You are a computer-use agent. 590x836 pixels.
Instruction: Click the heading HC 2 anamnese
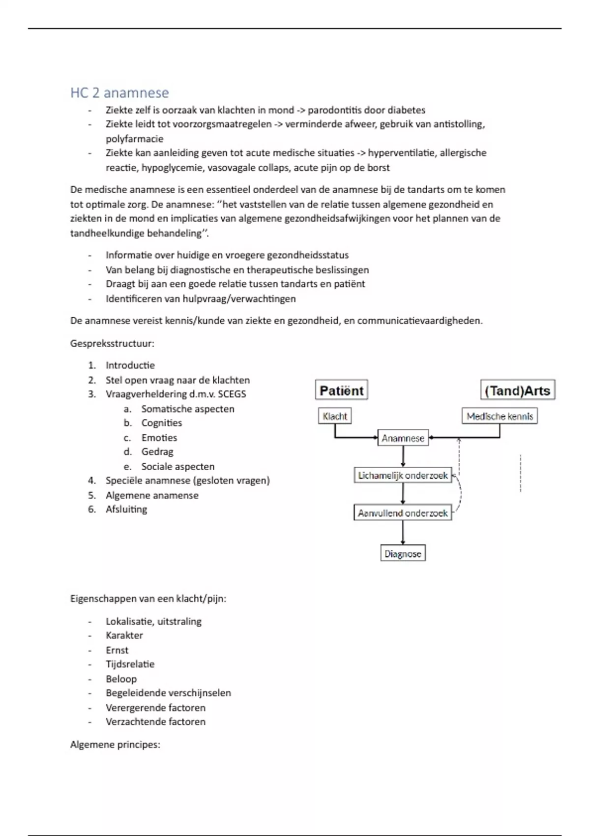(119, 92)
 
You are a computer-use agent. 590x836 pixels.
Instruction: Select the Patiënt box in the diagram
(341, 390)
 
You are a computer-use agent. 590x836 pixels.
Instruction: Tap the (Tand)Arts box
(517, 390)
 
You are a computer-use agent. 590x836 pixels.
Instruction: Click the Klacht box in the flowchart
(335, 416)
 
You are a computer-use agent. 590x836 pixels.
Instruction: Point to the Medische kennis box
(500, 416)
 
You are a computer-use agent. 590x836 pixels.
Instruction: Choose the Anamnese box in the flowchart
(403, 438)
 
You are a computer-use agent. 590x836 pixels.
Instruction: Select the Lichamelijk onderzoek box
(403, 476)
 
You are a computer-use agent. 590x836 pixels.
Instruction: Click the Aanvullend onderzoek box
(403, 513)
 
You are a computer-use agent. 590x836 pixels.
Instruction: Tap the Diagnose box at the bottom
(403, 554)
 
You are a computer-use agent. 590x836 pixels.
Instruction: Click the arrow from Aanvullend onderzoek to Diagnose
(403, 533)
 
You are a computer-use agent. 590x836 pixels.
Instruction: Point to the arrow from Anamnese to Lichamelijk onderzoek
(403, 457)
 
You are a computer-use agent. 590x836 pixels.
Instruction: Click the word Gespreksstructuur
(112, 343)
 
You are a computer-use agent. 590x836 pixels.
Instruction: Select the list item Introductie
(130, 365)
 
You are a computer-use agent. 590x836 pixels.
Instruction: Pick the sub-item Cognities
(161, 423)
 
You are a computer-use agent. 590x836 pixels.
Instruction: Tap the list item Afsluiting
(126, 509)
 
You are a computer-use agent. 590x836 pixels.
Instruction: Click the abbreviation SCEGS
(232, 394)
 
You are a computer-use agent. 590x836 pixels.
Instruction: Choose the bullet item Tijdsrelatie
(130, 664)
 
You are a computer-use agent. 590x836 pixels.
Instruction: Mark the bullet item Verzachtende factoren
(155, 722)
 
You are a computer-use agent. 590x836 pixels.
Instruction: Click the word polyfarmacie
(134, 139)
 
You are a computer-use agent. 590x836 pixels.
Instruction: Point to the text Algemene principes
(115, 745)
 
